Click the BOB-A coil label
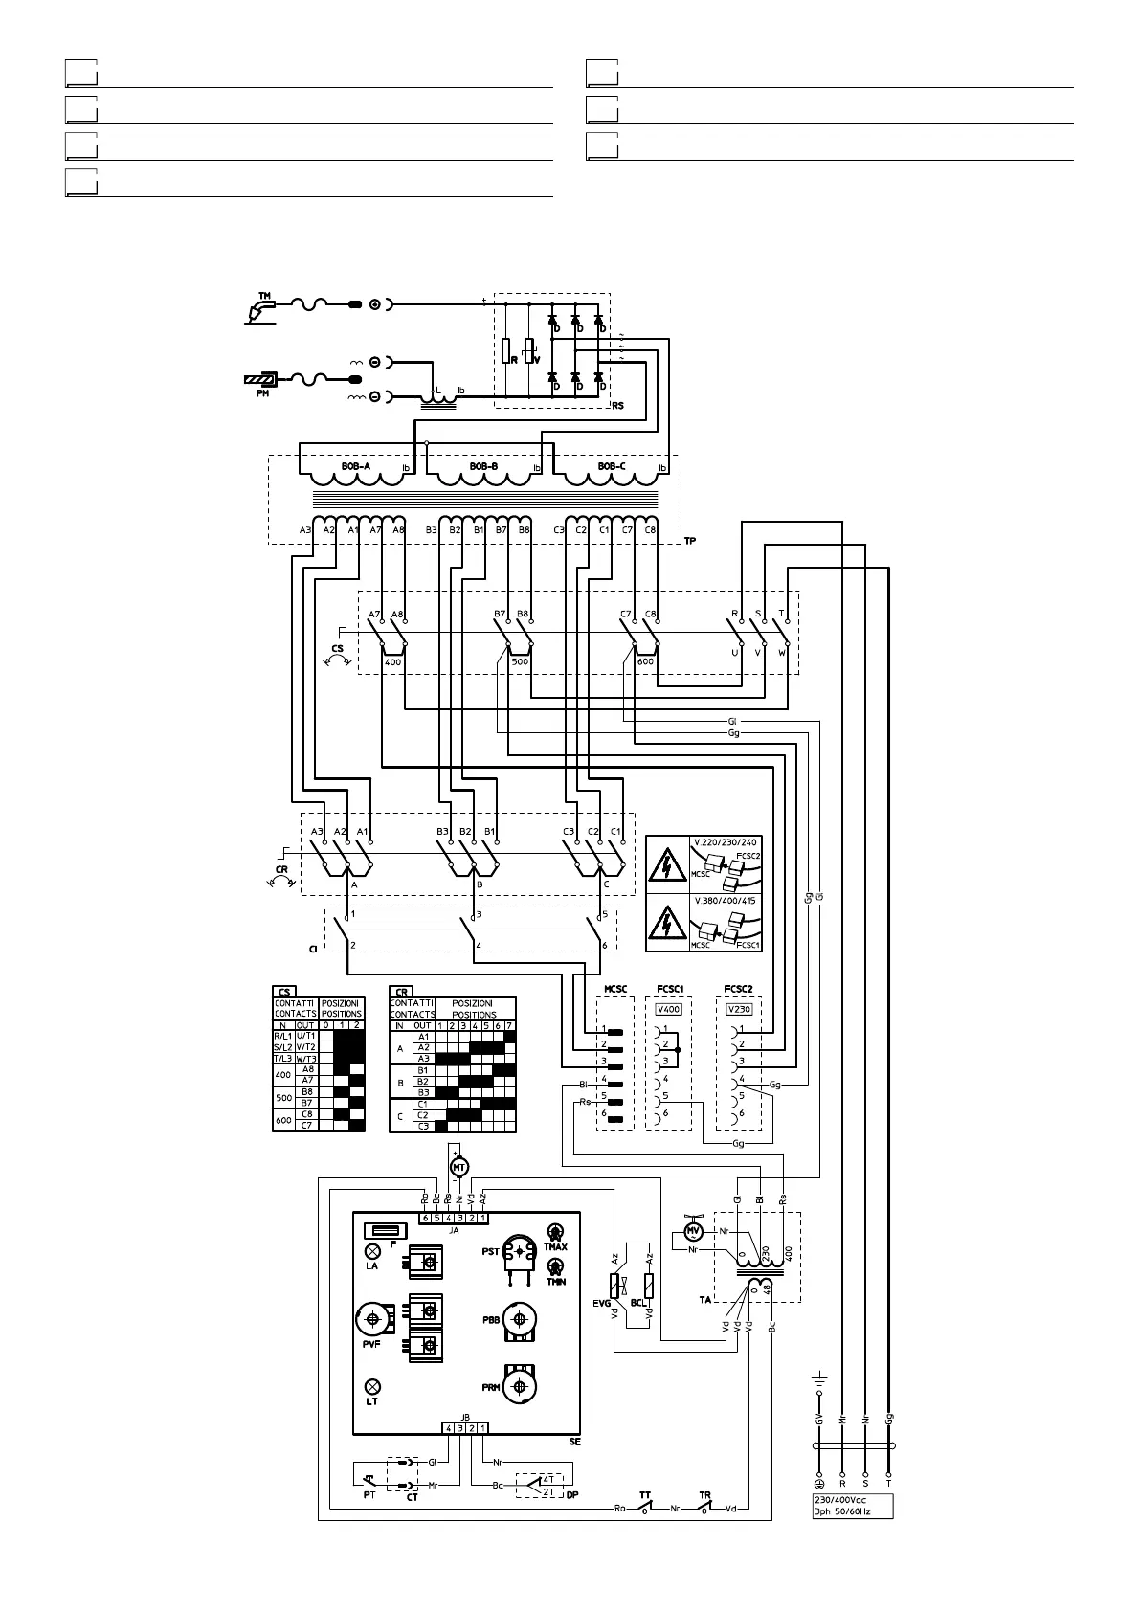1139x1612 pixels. [x=355, y=466]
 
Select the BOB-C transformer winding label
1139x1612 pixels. [x=612, y=466]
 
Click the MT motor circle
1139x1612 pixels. [x=458, y=1166]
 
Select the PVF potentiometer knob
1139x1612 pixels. [x=371, y=1320]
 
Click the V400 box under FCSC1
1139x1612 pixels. [x=668, y=1009]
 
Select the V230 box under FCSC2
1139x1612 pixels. [x=739, y=1009]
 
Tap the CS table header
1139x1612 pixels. [x=284, y=992]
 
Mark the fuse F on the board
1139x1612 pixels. [x=386, y=1230]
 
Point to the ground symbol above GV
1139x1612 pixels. [x=819, y=1382]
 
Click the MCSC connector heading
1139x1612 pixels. [x=615, y=988]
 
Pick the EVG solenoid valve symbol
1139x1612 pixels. [x=615, y=1286]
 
